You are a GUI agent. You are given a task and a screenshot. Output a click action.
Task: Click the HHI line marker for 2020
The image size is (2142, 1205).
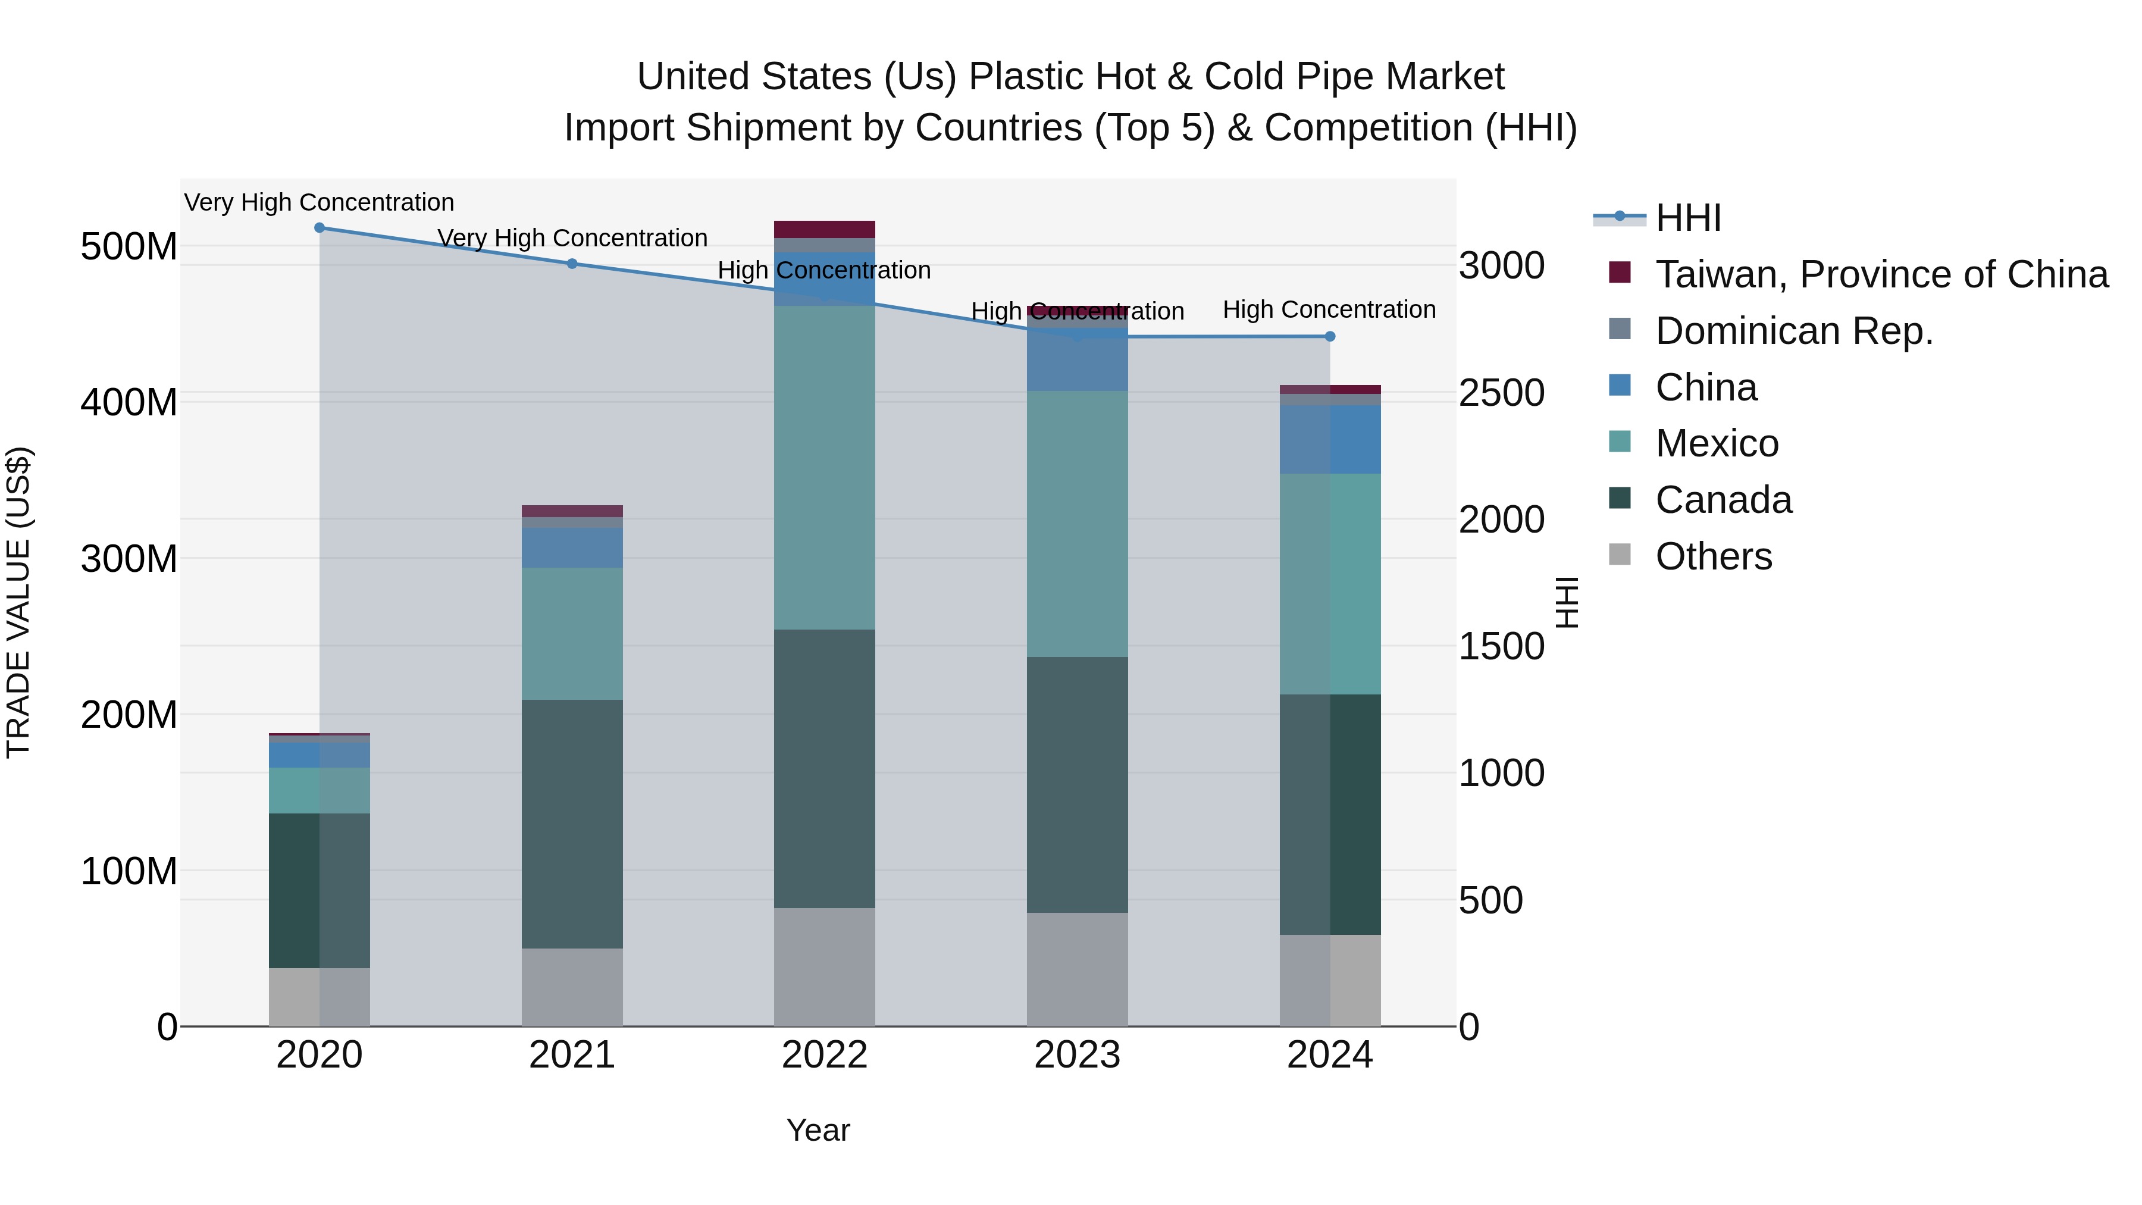point(320,228)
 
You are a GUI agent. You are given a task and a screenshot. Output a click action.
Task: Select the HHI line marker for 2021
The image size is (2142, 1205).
point(572,264)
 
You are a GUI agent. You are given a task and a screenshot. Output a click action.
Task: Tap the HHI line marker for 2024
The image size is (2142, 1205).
point(1330,337)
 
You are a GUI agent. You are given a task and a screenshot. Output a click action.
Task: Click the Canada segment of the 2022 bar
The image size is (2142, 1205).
point(824,768)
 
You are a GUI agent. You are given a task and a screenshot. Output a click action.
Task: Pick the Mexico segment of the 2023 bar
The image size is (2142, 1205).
point(1077,524)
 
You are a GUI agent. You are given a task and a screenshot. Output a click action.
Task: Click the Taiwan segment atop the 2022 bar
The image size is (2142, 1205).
point(824,230)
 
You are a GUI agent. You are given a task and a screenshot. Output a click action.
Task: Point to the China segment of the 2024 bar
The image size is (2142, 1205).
point(1330,439)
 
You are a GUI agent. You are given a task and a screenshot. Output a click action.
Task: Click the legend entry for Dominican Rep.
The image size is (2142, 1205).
point(1793,331)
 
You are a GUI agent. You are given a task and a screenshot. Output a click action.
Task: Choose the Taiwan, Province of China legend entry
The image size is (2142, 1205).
point(1881,274)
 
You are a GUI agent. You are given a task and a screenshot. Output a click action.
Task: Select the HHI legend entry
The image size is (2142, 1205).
point(1688,218)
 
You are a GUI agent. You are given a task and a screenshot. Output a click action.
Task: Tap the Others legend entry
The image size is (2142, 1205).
point(1713,556)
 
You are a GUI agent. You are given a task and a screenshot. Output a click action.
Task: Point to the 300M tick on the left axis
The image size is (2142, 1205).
point(129,558)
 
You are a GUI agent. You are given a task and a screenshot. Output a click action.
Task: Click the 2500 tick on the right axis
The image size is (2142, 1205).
point(1502,393)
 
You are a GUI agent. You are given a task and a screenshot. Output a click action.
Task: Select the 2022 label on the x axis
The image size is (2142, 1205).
point(824,1055)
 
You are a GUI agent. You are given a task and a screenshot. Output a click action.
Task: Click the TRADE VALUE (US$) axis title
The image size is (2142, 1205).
point(18,602)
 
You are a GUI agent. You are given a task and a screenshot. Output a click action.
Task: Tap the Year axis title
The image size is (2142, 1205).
point(818,1130)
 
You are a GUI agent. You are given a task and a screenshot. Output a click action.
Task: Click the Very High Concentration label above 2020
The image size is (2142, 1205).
point(320,202)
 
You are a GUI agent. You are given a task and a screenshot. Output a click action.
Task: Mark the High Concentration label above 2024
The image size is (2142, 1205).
point(1329,309)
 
